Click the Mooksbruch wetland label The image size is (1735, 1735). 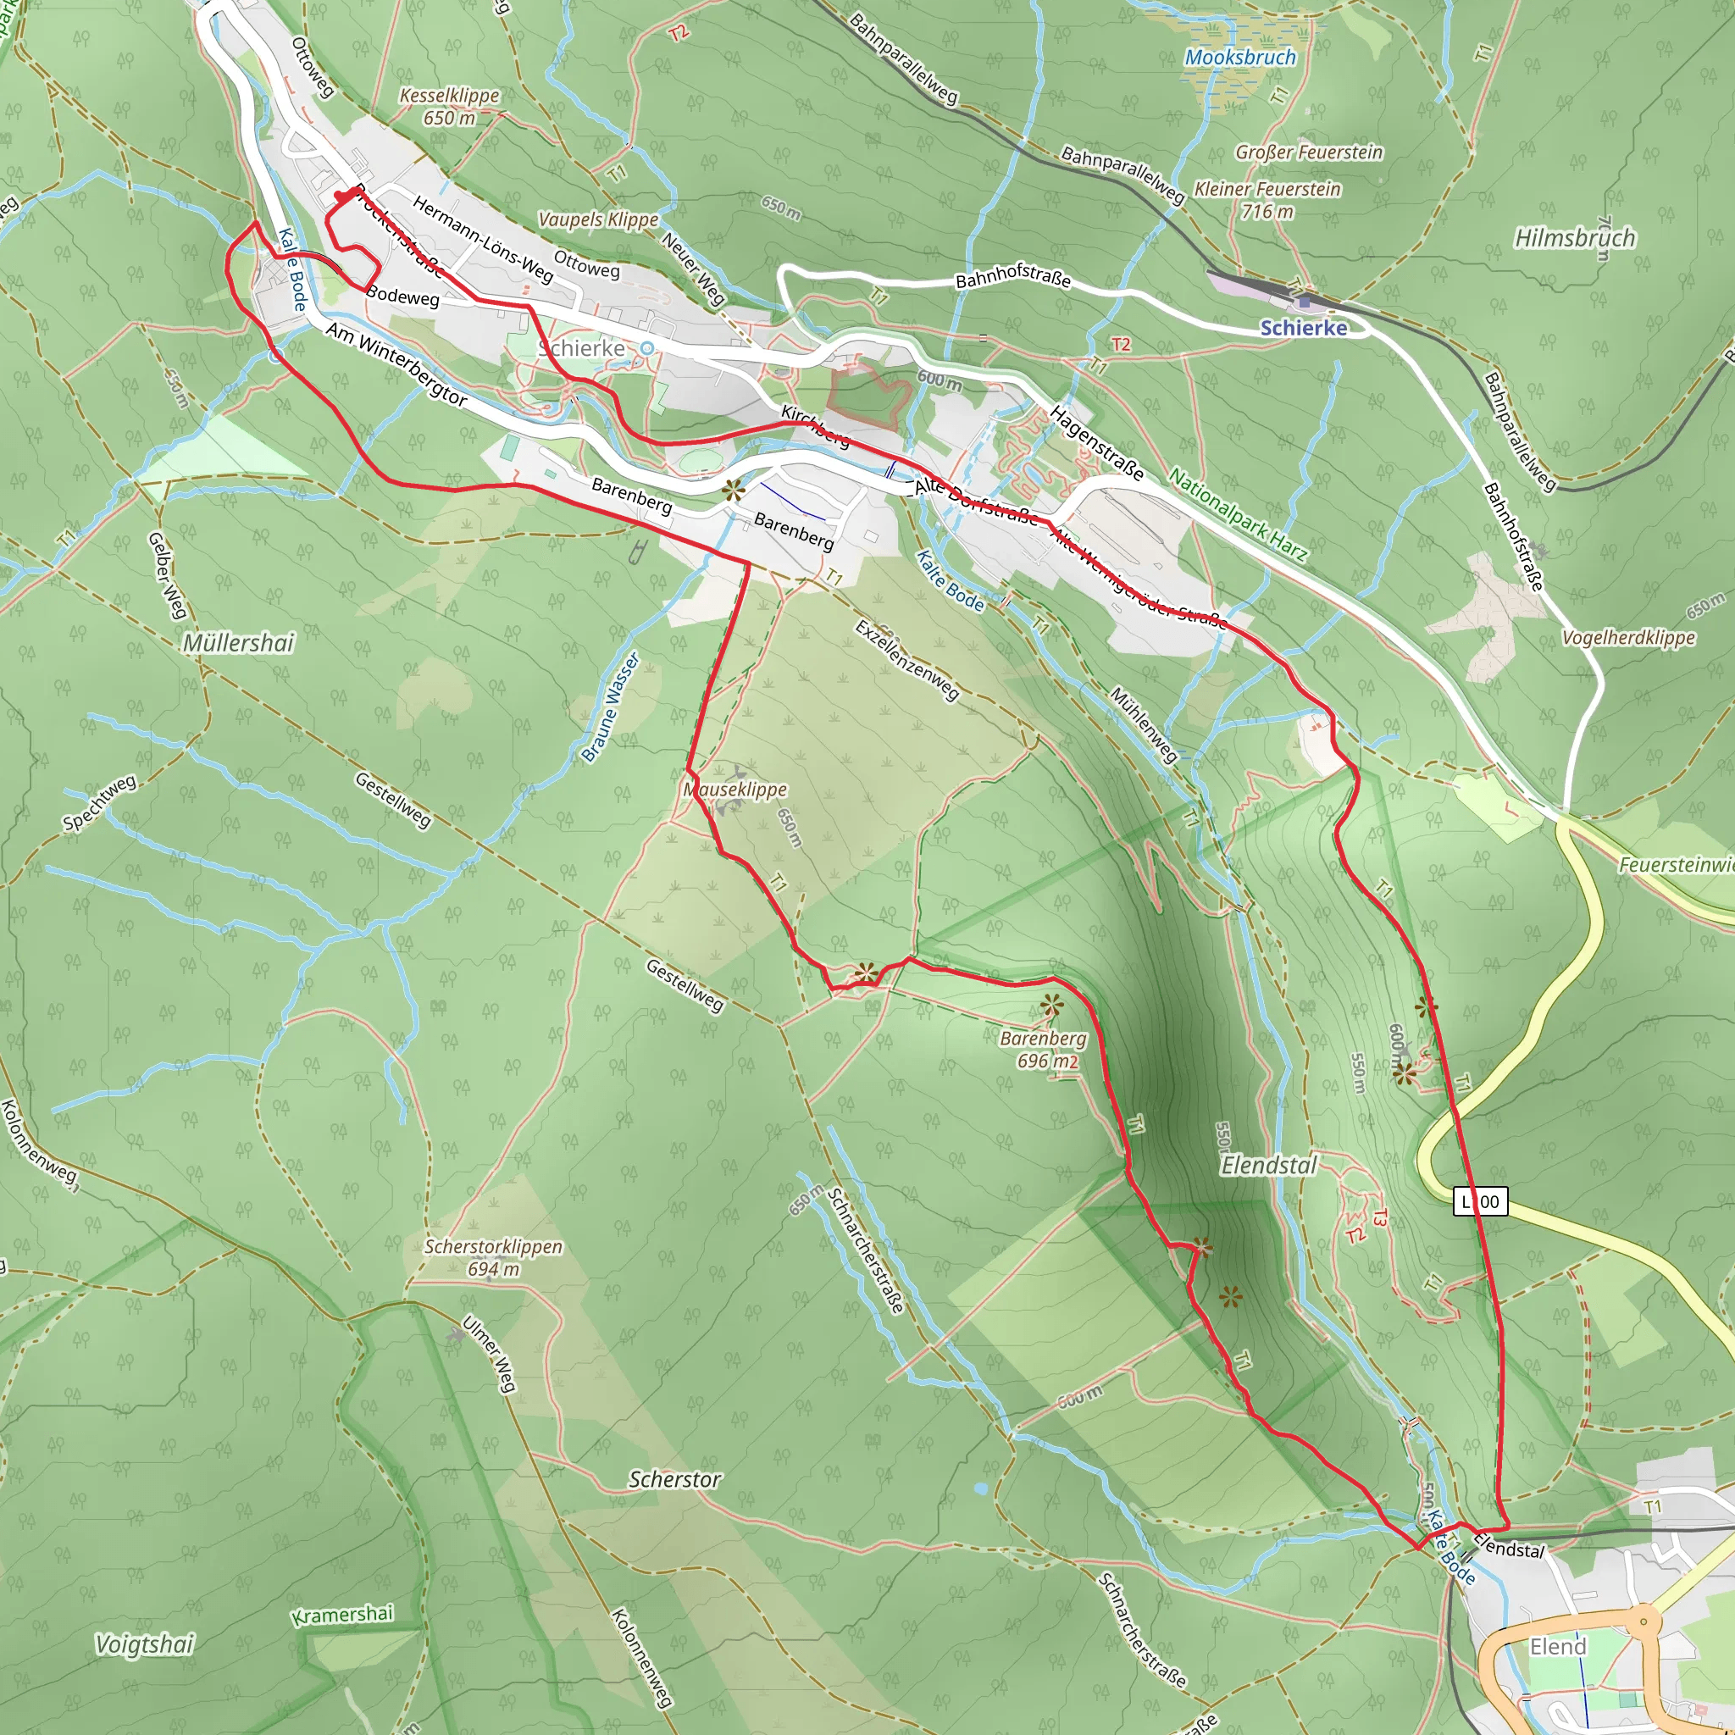point(1240,58)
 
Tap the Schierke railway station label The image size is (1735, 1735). point(1303,328)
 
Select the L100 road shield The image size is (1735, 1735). point(1480,1201)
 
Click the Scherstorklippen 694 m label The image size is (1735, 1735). point(493,1257)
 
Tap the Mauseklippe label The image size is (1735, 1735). point(735,790)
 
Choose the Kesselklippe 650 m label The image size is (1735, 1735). point(449,106)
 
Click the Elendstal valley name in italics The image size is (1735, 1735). point(1268,1166)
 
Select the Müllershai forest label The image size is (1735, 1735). point(238,643)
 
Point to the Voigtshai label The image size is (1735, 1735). point(145,1644)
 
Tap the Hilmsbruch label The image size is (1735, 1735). point(1574,238)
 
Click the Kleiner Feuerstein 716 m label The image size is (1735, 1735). point(1267,199)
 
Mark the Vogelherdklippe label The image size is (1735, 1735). point(1628,638)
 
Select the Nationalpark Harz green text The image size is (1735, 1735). point(1238,514)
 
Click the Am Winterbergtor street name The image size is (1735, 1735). point(396,364)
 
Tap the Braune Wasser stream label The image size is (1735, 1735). point(611,707)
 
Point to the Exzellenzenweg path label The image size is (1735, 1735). point(907,660)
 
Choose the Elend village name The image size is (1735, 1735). point(1558,1646)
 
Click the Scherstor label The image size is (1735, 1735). point(674,1479)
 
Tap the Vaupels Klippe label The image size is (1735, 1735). point(598,219)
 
